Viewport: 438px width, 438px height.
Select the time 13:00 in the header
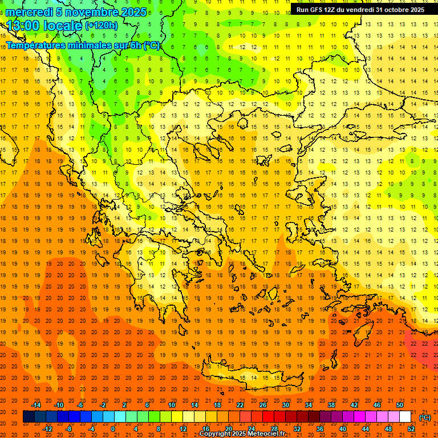tap(26, 26)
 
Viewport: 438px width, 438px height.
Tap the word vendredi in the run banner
tap(359, 10)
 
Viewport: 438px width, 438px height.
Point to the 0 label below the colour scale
tap(113, 428)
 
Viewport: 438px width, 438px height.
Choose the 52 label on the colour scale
tap(411, 428)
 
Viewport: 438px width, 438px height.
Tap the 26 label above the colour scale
tap(262, 405)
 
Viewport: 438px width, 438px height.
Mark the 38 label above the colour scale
tap(331, 405)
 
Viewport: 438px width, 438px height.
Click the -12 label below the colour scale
tap(47, 428)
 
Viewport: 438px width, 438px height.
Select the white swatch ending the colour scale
tap(405, 417)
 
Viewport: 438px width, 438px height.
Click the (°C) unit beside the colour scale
tap(424, 417)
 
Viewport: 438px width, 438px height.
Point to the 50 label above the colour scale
tap(400, 405)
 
